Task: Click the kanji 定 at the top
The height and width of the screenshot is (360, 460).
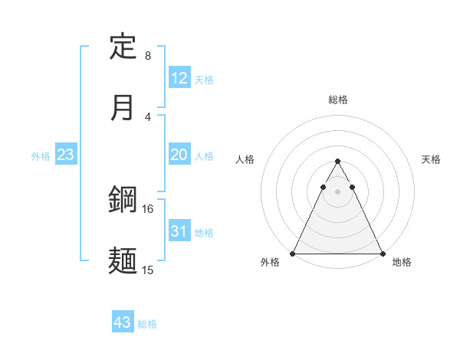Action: tap(123, 47)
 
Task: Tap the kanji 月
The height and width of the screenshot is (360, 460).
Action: tap(123, 107)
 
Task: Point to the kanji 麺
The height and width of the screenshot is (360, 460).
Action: tap(123, 260)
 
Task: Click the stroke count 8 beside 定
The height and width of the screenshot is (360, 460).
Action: tap(148, 56)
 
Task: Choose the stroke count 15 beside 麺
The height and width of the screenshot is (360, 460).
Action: tap(147, 270)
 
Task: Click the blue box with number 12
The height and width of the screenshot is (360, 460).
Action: tap(179, 78)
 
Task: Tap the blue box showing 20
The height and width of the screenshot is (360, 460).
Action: tap(179, 155)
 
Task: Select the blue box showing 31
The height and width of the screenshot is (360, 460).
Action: tap(179, 231)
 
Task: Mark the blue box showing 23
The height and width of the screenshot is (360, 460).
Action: tap(66, 155)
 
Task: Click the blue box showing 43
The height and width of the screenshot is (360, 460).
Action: tap(123, 322)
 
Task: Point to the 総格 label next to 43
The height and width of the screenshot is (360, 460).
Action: tap(147, 324)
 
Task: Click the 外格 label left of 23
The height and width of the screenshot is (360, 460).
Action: tap(41, 156)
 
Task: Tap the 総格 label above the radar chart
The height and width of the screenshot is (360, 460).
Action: tap(338, 100)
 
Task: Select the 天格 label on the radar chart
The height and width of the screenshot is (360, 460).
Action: tap(432, 159)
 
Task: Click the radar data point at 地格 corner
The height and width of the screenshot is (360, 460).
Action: tap(383, 253)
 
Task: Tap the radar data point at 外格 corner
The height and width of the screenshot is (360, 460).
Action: tap(293, 253)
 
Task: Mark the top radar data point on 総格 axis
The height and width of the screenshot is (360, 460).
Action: tap(338, 161)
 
